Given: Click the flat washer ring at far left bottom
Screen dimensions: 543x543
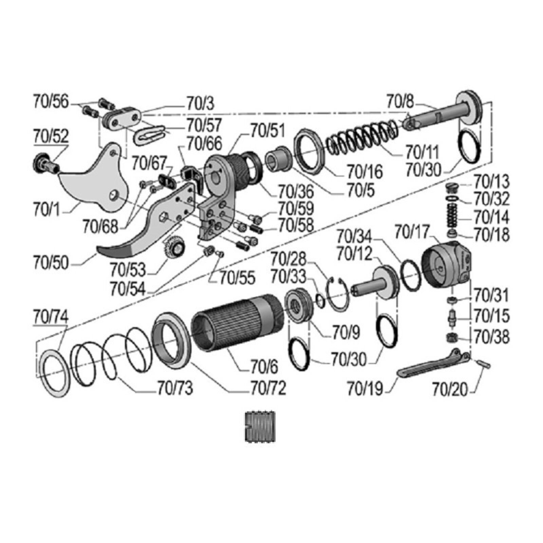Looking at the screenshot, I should [x=54, y=373].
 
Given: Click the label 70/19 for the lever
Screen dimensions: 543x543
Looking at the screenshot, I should [x=365, y=389].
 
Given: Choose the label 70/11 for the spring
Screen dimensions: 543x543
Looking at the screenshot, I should [x=423, y=152].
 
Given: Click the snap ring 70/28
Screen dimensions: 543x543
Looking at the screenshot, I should [x=338, y=294].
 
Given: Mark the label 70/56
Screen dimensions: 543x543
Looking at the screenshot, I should [x=51, y=101].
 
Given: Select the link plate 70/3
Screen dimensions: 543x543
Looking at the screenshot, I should [x=121, y=118].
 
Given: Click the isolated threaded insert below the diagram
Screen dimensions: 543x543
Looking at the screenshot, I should [x=260, y=427].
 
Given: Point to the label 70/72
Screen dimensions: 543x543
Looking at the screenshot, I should [x=268, y=388].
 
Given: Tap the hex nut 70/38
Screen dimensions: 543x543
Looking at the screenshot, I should [x=452, y=337].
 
